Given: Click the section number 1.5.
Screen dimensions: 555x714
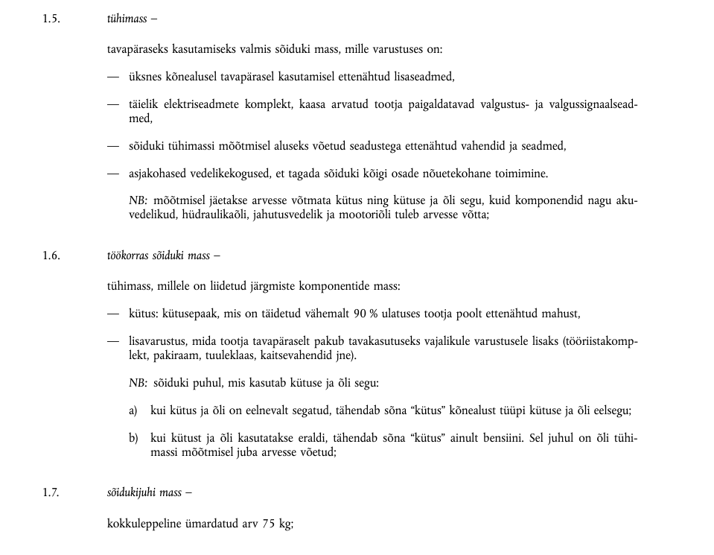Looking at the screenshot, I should tap(51, 18).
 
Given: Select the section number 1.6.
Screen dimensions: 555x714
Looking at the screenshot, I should tap(51, 256).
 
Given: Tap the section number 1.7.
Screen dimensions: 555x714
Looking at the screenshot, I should tap(51, 492).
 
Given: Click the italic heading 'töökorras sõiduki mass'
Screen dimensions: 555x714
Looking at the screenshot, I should tap(158, 256).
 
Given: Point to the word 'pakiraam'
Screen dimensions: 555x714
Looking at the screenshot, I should tap(173, 355).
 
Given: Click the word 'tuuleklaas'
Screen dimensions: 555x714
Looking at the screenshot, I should tap(226, 355).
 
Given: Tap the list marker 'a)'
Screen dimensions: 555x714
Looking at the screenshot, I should tap(134, 410).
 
